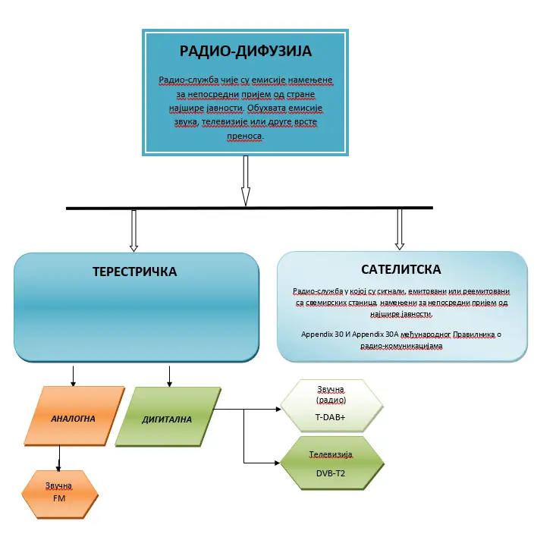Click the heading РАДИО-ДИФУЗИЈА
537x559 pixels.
245,52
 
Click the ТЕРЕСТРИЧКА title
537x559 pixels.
134,272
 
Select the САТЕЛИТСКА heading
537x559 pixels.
401,269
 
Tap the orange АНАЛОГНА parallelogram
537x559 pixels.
73,418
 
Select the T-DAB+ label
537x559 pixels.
330,417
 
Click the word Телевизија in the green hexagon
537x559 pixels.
330,455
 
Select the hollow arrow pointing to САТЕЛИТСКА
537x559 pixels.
400,230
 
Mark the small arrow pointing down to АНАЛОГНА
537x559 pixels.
73,376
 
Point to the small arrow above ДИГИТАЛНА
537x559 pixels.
168,376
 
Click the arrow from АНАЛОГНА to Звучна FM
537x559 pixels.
59,458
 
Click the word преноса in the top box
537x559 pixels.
244,137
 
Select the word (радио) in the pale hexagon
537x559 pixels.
330,400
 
